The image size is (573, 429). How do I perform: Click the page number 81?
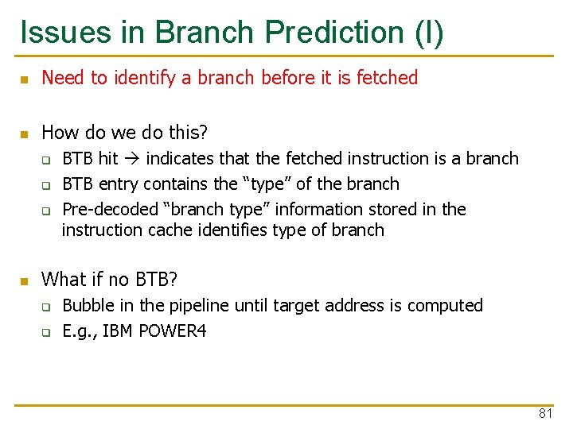545,413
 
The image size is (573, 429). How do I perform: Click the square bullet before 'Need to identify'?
24,79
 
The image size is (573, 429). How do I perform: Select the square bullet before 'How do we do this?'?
24,133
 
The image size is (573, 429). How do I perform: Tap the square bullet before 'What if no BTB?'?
24,280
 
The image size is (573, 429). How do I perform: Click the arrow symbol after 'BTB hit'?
132,159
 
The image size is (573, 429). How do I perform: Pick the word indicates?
178,159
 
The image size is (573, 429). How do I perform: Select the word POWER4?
173,331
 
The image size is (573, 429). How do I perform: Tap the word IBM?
119,331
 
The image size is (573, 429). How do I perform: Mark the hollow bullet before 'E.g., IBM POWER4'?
47,332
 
